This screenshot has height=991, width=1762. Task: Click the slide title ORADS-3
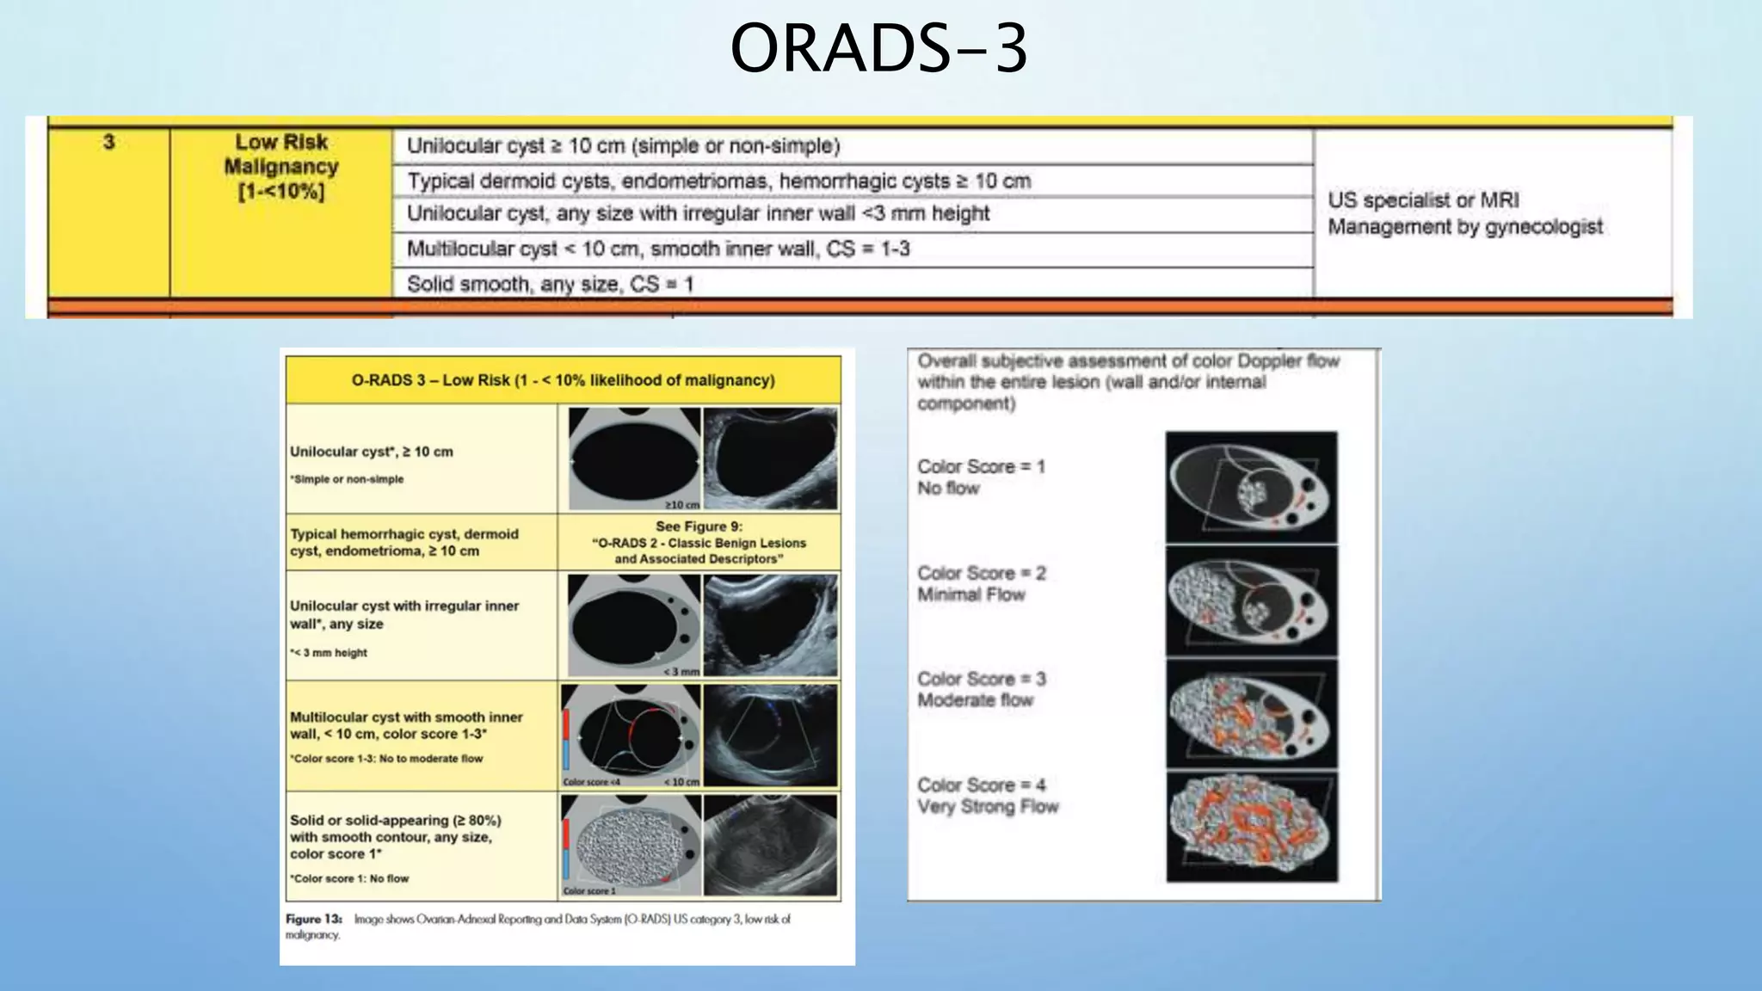[x=878, y=49]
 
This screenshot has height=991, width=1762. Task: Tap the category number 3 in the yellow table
[x=108, y=142]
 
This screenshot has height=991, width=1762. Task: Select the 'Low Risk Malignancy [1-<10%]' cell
[x=281, y=166]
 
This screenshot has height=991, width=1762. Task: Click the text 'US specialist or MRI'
[x=1423, y=200]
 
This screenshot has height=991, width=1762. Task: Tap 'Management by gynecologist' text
[x=1464, y=227]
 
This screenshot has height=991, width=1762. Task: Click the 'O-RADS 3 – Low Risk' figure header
[x=563, y=380]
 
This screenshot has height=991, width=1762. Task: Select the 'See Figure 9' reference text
[x=699, y=542]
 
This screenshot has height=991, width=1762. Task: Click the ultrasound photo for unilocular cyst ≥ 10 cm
[x=770, y=459]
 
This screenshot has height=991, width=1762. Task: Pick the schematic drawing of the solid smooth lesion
[x=631, y=845]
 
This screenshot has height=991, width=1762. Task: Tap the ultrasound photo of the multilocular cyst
[x=770, y=736]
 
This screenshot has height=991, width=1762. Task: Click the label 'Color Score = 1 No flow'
[x=980, y=477]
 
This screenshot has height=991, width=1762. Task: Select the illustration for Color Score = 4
[x=1251, y=827]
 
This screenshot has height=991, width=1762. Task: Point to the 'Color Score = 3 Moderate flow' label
[x=981, y=689]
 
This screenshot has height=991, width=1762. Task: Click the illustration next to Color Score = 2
[x=1251, y=601]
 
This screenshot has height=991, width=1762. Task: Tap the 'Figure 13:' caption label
[x=313, y=919]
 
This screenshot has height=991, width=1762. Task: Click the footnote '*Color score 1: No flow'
[x=349, y=878]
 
